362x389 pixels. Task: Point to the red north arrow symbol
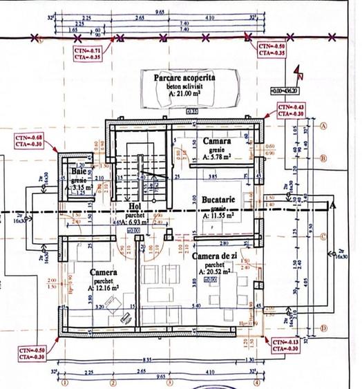coord(297,72)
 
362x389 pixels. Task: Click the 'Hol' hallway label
coord(135,206)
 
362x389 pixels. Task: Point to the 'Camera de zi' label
coord(217,256)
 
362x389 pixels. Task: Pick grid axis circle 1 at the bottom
coord(64,381)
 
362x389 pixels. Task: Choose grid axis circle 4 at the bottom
coord(256,381)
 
